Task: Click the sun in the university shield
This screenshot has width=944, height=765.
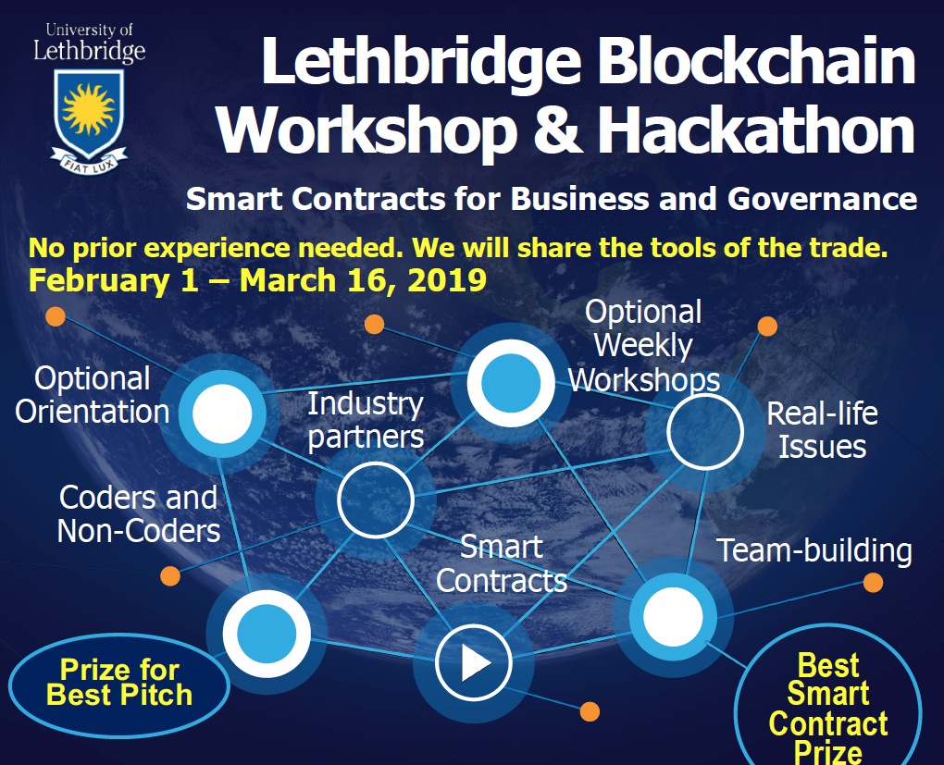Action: (89, 108)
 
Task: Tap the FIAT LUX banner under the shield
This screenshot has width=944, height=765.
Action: (89, 161)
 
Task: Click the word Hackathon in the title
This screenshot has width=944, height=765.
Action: (756, 130)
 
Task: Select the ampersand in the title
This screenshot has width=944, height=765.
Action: (557, 130)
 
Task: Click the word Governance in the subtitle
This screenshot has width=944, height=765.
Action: (822, 199)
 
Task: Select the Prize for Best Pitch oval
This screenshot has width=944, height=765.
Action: (119, 685)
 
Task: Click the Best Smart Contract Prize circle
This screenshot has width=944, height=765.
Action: (827, 698)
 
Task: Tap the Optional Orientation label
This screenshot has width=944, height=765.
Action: (93, 395)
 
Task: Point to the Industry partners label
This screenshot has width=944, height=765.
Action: (366, 420)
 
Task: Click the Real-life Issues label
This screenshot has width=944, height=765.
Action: (823, 430)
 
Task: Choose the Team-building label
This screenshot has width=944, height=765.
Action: (814, 550)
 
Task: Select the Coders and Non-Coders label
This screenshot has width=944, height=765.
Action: (139, 514)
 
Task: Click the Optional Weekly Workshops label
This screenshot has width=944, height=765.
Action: (644, 345)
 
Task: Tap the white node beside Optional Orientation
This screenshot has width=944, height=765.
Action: (222, 413)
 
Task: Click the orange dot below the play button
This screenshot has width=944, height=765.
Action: (590, 711)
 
